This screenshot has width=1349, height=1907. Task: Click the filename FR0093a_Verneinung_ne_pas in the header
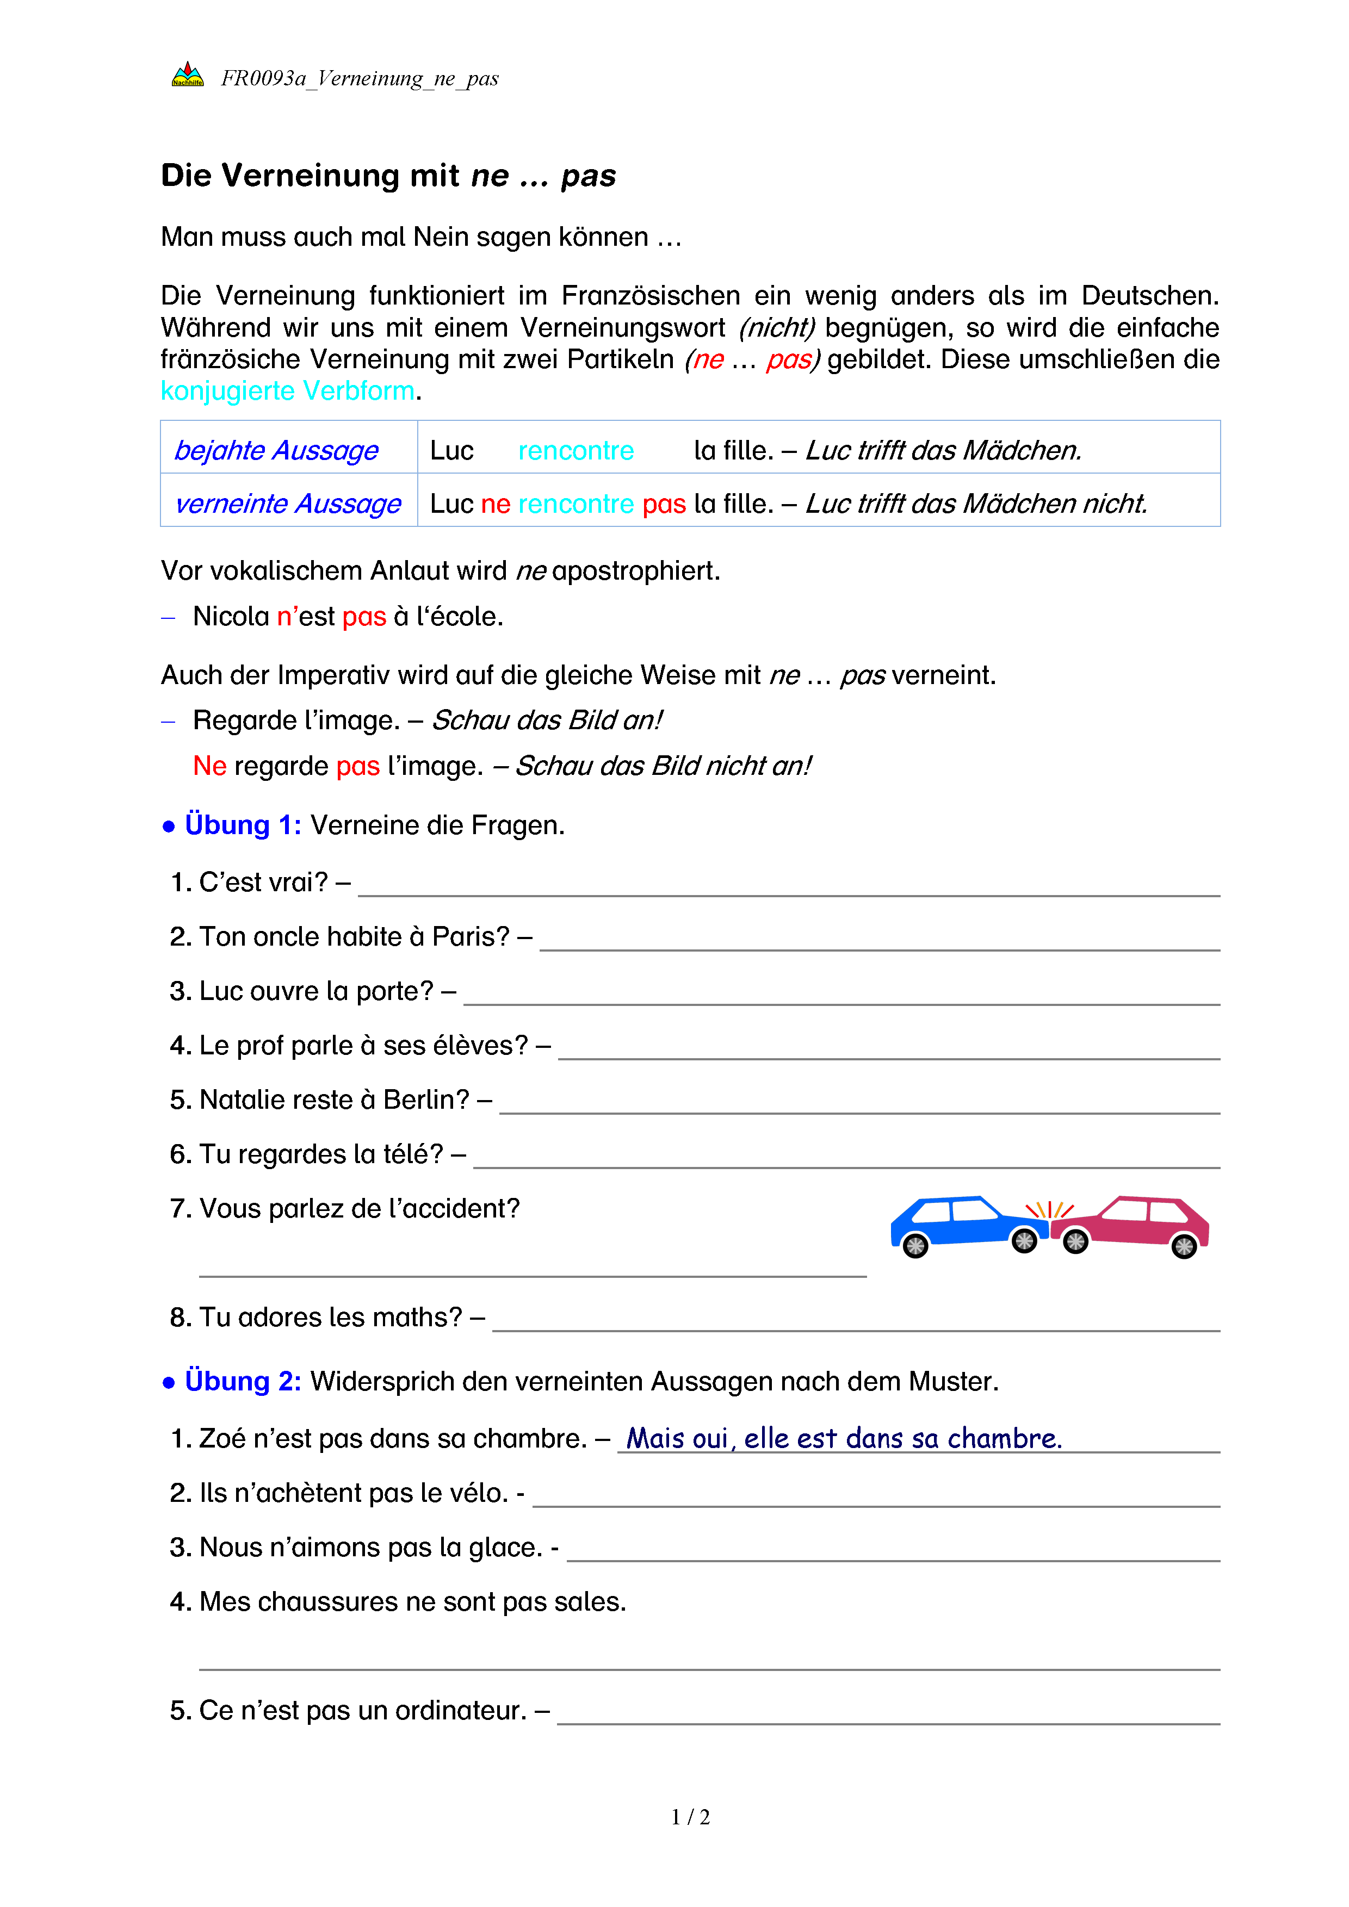point(360,79)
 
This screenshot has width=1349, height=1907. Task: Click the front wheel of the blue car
point(1023,1241)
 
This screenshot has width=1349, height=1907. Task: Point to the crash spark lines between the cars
point(1049,1209)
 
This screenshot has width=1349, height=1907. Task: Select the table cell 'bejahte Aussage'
point(277,450)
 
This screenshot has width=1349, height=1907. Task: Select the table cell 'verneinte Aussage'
point(288,504)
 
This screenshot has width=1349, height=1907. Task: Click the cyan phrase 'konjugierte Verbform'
point(287,390)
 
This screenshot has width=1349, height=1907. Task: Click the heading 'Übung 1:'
point(243,825)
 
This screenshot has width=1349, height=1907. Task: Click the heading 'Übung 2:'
point(243,1381)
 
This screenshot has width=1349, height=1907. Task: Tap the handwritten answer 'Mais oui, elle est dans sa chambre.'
point(843,1438)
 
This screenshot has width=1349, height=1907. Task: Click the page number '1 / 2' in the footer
point(690,1817)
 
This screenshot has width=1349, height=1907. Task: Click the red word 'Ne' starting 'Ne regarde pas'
point(209,766)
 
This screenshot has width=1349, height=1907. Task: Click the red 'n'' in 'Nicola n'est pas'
point(286,616)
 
